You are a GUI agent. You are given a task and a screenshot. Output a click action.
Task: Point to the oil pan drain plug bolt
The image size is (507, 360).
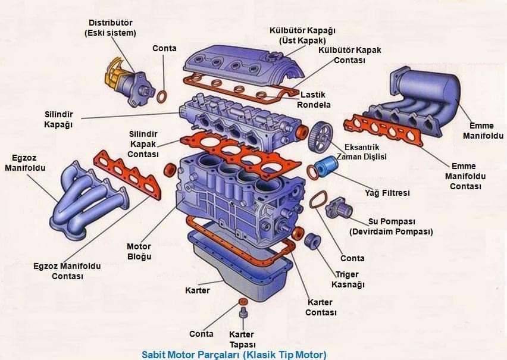pyautogui.click(x=243, y=314)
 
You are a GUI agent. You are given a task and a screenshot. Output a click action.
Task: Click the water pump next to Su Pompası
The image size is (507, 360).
pyautogui.click(x=339, y=208)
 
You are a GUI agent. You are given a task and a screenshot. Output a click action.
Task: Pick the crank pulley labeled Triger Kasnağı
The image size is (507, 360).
pyautogui.click(x=312, y=241)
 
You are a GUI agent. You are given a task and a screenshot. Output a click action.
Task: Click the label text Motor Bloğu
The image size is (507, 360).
pyautogui.click(x=139, y=251)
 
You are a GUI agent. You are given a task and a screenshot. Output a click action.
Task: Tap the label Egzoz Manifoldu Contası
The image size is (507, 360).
pyautogui.click(x=67, y=271)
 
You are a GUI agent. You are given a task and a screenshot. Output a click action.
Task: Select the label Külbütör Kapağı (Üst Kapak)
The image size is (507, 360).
pyautogui.click(x=303, y=36)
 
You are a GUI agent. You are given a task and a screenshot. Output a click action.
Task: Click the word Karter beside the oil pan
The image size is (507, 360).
pyautogui.click(x=197, y=290)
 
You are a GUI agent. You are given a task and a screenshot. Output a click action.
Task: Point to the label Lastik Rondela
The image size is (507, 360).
pyautogui.click(x=314, y=99)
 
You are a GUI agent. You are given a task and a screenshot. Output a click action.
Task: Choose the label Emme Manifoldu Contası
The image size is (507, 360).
pyautogui.click(x=465, y=176)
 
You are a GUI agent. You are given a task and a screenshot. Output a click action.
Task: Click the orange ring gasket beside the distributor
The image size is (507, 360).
pyautogui.click(x=162, y=97)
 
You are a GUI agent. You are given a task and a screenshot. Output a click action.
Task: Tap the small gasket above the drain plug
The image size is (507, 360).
pyautogui.click(x=243, y=302)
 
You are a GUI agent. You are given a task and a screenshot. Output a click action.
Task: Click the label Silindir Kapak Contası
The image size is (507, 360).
pyautogui.click(x=143, y=144)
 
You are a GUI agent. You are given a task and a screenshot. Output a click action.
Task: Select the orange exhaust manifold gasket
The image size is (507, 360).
pyautogui.click(x=127, y=174)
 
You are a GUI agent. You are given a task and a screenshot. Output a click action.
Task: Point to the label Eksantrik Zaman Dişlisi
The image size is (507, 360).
pyautogui.click(x=361, y=152)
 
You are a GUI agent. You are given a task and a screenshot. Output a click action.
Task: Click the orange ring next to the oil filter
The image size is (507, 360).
pyautogui.click(x=312, y=173)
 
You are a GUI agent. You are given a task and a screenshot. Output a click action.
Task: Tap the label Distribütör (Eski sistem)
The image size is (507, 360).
pyautogui.click(x=110, y=28)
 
